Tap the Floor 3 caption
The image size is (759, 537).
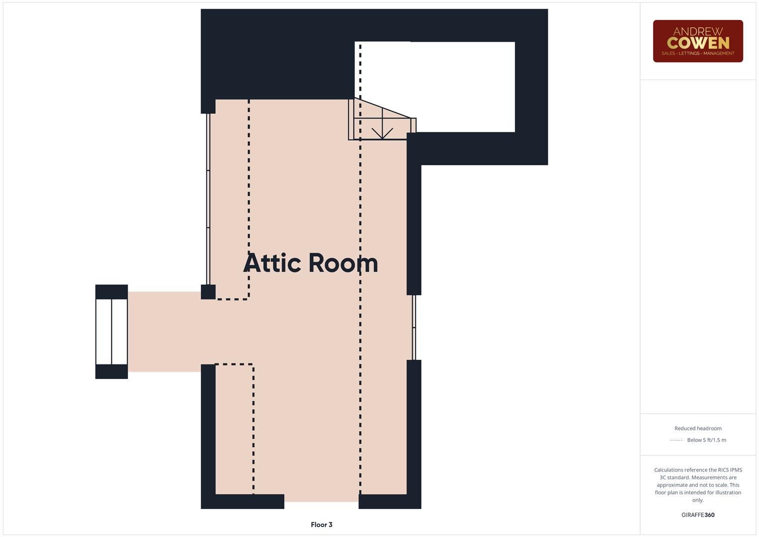pos(322,525)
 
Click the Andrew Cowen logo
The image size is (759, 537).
pos(697,41)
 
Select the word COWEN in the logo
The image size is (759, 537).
pos(698,43)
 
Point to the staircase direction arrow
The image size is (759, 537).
pos(382,130)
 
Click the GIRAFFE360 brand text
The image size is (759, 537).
pos(698,515)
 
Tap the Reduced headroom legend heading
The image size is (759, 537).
pos(698,429)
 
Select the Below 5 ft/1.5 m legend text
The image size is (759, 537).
pos(706,440)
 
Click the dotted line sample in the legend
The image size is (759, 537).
pos(676,440)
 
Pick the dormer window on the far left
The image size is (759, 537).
pos(112,332)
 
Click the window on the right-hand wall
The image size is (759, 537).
pos(414,327)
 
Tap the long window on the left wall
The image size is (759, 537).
pos(208,199)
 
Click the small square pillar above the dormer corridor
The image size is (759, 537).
pos(208,292)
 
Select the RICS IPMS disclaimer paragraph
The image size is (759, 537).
pos(698,485)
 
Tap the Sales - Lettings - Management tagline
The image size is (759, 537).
pos(698,53)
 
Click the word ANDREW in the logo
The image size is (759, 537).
pos(698,31)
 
